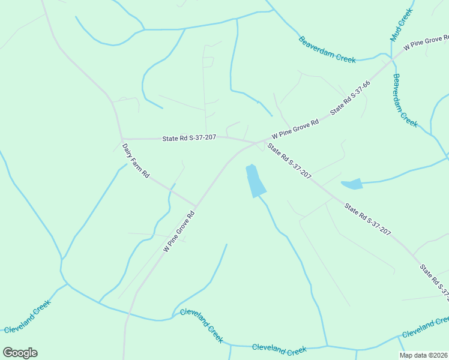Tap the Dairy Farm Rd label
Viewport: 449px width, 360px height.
click(x=136, y=160)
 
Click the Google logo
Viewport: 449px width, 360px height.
click(x=20, y=353)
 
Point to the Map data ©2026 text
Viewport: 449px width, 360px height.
click(x=423, y=355)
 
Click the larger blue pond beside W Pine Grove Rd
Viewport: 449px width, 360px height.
click(x=255, y=181)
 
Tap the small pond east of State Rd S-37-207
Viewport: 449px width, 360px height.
click(x=352, y=184)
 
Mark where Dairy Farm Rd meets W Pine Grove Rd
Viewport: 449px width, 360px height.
click(x=196, y=205)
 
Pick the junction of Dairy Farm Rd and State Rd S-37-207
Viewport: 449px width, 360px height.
click(x=122, y=139)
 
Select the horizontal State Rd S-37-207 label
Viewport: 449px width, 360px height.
click(x=189, y=138)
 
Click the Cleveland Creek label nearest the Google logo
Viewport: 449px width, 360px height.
click(x=28, y=316)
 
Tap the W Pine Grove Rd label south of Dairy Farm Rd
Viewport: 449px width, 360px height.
click(x=179, y=231)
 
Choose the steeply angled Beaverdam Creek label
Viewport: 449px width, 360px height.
click(x=405, y=100)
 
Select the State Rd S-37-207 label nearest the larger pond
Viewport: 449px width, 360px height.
click(x=289, y=161)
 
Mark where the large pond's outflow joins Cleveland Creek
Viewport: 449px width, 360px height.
click(x=327, y=346)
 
